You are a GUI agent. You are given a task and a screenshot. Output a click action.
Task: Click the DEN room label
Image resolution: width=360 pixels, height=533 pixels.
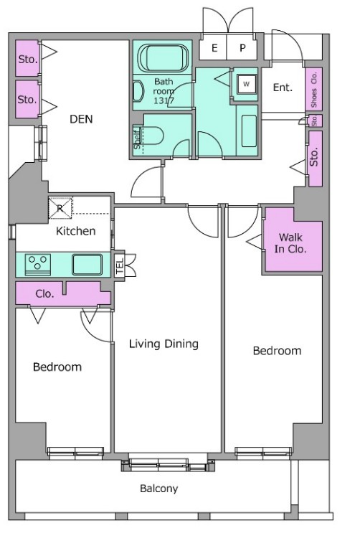pyautogui.click(x=81, y=119)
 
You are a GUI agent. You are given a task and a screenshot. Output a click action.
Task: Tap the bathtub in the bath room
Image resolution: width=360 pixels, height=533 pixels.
pyautogui.click(x=163, y=58)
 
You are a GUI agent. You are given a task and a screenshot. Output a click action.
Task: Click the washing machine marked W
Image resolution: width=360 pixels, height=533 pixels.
pyautogui.click(x=247, y=84)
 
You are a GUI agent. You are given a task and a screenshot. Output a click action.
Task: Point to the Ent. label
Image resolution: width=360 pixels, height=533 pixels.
pyautogui.click(x=283, y=88)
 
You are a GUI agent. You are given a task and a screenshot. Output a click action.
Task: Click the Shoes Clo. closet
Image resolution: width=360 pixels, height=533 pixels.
pyautogui.click(x=313, y=89)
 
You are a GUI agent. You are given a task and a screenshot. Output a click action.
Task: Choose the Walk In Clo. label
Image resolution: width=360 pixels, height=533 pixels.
pyautogui.click(x=290, y=243)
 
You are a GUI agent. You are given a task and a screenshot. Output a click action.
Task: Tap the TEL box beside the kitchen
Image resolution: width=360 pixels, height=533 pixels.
pyautogui.click(x=119, y=265)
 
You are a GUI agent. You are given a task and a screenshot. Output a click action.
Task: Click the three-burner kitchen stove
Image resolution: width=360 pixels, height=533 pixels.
pyautogui.click(x=38, y=265)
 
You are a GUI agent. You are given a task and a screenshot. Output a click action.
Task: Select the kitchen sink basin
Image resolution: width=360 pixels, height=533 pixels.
pyautogui.click(x=87, y=265)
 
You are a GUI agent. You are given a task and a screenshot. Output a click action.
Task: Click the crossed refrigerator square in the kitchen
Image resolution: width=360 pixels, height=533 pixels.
pyautogui.click(x=60, y=208)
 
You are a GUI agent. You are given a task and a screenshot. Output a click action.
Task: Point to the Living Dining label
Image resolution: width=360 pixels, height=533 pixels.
pyautogui.click(x=164, y=344)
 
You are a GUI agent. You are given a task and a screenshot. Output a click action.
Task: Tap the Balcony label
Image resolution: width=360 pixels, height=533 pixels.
pyautogui.click(x=158, y=489)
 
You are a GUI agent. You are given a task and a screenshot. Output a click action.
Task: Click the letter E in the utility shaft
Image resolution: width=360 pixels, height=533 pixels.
pyautogui.click(x=214, y=48)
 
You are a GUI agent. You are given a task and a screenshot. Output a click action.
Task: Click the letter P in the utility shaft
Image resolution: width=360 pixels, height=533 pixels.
pyautogui.click(x=242, y=48)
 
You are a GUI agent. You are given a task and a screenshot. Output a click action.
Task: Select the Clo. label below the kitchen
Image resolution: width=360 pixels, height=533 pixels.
pyautogui.click(x=45, y=293)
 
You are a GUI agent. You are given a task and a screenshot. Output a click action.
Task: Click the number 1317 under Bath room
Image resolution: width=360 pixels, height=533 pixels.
pyautogui.click(x=164, y=100)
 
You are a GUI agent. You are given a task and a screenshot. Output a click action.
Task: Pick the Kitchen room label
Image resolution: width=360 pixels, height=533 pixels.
pyautogui.click(x=75, y=231)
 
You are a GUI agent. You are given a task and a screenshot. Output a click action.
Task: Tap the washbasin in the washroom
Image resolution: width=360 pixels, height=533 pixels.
pyautogui.click(x=249, y=131)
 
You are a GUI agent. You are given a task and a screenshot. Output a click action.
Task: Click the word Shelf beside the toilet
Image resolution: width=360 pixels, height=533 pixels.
pyautogui.click(x=138, y=139)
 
